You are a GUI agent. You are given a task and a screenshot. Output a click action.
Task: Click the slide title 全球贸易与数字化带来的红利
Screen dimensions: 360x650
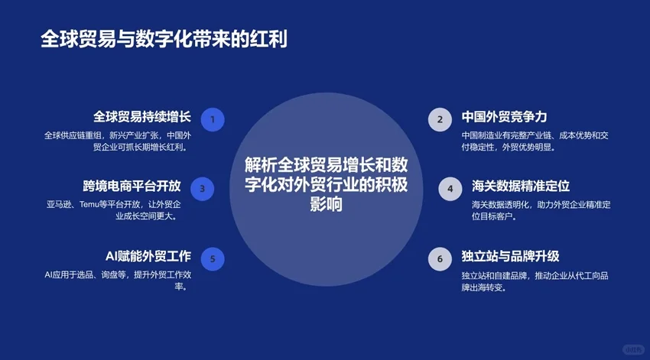pos(164,40)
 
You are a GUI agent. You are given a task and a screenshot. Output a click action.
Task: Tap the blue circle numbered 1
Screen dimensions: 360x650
pos(212,119)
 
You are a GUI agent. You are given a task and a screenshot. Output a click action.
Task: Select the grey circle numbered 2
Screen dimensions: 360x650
pos(440,119)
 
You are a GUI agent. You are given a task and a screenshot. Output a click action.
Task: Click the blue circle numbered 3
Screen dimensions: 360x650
pos(202,189)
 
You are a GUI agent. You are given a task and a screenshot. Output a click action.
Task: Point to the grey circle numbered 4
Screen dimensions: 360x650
pos(450,189)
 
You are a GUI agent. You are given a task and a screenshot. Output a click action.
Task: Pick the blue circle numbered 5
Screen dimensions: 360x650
pos(212,259)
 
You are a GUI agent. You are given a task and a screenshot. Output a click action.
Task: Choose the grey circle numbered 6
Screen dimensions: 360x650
pos(440,259)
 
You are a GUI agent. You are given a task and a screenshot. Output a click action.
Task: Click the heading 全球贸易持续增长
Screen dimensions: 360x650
pos(142,117)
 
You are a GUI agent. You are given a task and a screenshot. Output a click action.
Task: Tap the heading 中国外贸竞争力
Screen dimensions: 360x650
pos(504,117)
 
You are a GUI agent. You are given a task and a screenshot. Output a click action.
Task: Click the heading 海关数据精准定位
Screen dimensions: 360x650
pos(521,186)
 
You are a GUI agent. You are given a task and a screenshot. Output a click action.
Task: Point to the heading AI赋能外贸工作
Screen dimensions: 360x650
pos(148,256)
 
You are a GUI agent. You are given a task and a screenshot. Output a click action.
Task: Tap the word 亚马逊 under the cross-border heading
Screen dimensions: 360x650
pos(60,205)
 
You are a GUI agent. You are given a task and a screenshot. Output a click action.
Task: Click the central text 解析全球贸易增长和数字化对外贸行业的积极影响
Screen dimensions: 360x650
pos(326,184)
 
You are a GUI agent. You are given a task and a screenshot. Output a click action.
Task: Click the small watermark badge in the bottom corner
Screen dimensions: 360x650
pos(632,349)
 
